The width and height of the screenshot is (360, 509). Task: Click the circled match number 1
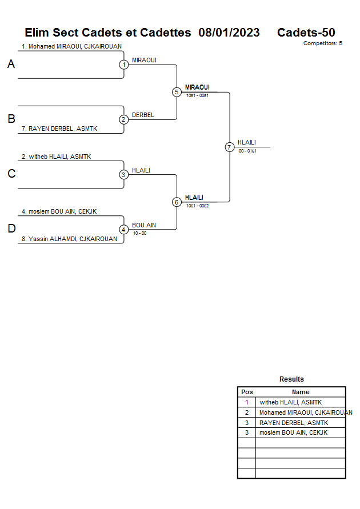pyautogui.click(x=124, y=65)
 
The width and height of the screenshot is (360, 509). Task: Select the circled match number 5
pyautogui.click(x=177, y=92)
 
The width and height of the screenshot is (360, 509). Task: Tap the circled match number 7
pyautogui.click(x=229, y=147)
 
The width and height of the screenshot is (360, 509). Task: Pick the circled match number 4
pyautogui.click(x=124, y=230)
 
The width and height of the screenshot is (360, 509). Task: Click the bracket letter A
pyautogui.click(x=11, y=65)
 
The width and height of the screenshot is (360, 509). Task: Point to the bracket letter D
pyautogui.click(x=11, y=229)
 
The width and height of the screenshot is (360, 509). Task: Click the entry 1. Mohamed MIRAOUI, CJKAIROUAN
pyautogui.click(x=71, y=46)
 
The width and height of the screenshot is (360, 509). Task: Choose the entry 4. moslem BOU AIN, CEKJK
pyautogui.click(x=59, y=211)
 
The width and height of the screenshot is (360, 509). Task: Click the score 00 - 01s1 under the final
pyautogui.click(x=247, y=151)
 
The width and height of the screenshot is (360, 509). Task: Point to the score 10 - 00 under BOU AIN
pyautogui.click(x=139, y=233)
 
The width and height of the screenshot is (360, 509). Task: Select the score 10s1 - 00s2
pyautogui.click(x=197, y=206)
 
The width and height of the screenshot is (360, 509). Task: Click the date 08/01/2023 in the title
pyautogui.click(x=229, y=33)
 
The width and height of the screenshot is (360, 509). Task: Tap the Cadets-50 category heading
pyautogui.click(x=306, y=33)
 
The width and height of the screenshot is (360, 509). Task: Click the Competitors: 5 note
pyautogui.click(x=322, y=43)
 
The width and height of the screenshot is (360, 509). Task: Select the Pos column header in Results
pyautogui.click(x=247, y=392)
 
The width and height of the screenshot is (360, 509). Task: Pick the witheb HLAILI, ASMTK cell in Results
pyautogui.click(x=290, y=402)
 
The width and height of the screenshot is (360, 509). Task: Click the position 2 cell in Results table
pyautogui.click(x=247, y=412)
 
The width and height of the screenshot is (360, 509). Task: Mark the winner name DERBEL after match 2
pyautogui.click(x=143, y=115)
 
